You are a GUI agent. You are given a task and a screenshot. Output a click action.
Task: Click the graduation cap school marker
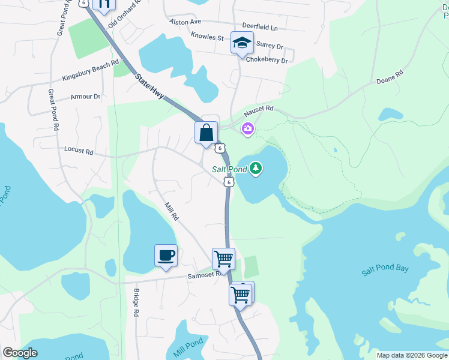[242, 43]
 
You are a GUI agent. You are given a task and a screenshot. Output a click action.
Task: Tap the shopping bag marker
[206, 133]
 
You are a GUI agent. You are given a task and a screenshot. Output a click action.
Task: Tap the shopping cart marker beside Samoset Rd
[223, 259]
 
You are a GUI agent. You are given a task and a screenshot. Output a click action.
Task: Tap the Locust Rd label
[78, 152]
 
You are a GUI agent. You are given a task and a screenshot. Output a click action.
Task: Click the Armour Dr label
[85, 97]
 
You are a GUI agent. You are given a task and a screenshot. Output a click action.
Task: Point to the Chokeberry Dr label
[267, 61]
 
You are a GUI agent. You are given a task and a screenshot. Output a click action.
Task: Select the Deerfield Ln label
[260, 27]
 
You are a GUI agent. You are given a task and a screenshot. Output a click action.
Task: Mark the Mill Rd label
[171, 209]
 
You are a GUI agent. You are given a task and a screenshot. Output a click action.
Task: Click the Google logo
[20, 353]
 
